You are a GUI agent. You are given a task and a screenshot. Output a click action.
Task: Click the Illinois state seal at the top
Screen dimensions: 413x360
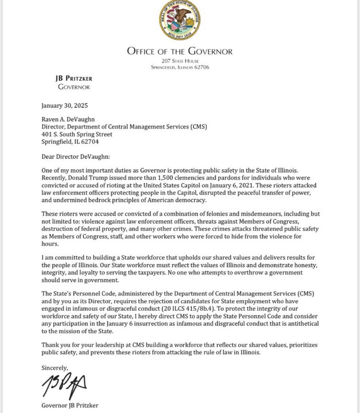pyautogui.click(x=180, y=20)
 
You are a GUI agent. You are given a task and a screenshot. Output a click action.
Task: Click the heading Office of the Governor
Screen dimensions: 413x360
pyautogui.click(x=180, y=51)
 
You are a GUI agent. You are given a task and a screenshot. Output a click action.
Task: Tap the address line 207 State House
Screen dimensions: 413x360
pyautogui.click(x=180, y=61)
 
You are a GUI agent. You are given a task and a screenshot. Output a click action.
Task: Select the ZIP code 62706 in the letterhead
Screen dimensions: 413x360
pyautogui.click(x=202, y=67)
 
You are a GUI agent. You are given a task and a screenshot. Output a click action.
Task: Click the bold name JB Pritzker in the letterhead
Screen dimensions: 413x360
pyautogui.click(x=74, y=79)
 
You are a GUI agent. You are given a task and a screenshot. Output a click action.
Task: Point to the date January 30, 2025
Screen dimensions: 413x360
pyautogui.click(x=64, y=106)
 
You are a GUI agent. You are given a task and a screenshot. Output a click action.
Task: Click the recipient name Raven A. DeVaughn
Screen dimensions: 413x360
pyautogui.click(x=68, y=119)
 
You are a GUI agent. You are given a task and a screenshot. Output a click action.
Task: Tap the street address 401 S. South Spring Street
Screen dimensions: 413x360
pyautogui.click(x=77, y=134)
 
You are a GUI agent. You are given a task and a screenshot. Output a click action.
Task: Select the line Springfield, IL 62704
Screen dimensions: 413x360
pyautogui.click(x=70, y=142)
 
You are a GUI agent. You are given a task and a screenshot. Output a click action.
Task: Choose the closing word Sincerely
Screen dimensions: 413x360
pyautogui.click(x=55, y=368)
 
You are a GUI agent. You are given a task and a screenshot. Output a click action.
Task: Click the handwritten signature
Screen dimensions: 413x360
pyautogui.click(x=64, y=385)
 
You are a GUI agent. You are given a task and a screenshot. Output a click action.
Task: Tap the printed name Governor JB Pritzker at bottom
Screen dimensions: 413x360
pyautogui.click(x=70, y=406)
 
